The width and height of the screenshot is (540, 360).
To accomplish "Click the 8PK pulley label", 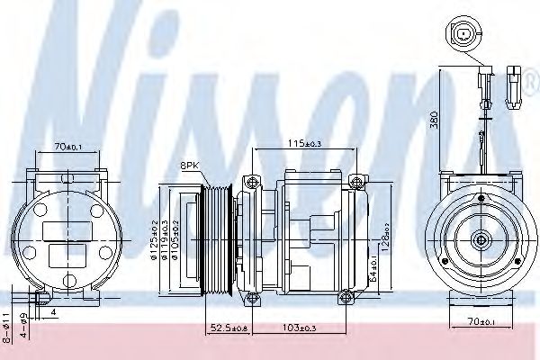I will pos(192,166).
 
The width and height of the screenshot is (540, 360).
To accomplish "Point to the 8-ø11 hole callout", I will pos(7,322).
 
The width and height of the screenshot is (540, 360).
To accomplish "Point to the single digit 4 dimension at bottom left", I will pos(53,311).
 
